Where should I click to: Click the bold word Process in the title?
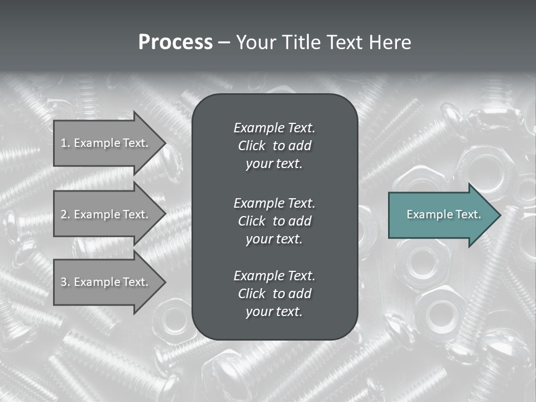point(175,42)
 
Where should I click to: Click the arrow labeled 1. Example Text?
point(106,143)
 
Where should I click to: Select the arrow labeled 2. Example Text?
point(106,214)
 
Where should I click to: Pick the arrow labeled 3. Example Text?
point(106,282)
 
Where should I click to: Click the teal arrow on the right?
point(441,214)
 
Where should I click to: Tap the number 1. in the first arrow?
point(65,143)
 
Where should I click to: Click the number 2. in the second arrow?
point(65,214)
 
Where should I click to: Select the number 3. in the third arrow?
point(65,282)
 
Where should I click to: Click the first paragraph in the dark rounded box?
point(274,146)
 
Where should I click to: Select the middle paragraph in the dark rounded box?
point(274,221)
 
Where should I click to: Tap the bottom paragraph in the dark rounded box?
point(274,294)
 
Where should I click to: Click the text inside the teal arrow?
point(444,214)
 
